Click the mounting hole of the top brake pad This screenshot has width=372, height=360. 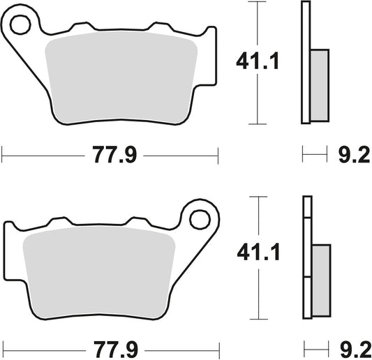click(x=20, y=25)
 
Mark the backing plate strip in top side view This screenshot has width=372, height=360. click(x=305, y=63)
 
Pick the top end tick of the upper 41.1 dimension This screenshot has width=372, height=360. click(x=258, y=3)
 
